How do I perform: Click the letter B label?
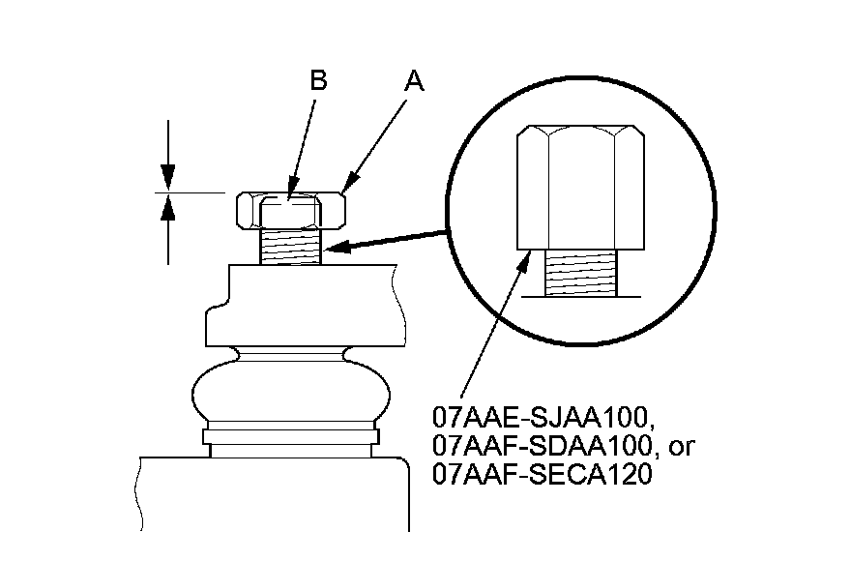pyautogui.click(x=318, y=81)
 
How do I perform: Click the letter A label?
pyautogui.click(x=414, y=82)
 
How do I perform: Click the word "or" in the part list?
pyautogui.click(x=679, y=448)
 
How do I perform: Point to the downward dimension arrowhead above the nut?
pyautogui.click(x=168, y=178)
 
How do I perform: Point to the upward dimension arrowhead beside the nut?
pyautogui.click(x=168, y=206)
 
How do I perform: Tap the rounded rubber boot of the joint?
pyautogui.click(x=291, y=388)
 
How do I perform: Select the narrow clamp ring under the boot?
pyautogui.click(x=291, y=437)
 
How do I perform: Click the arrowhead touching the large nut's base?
pyautogui.click(x=528, y=255)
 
